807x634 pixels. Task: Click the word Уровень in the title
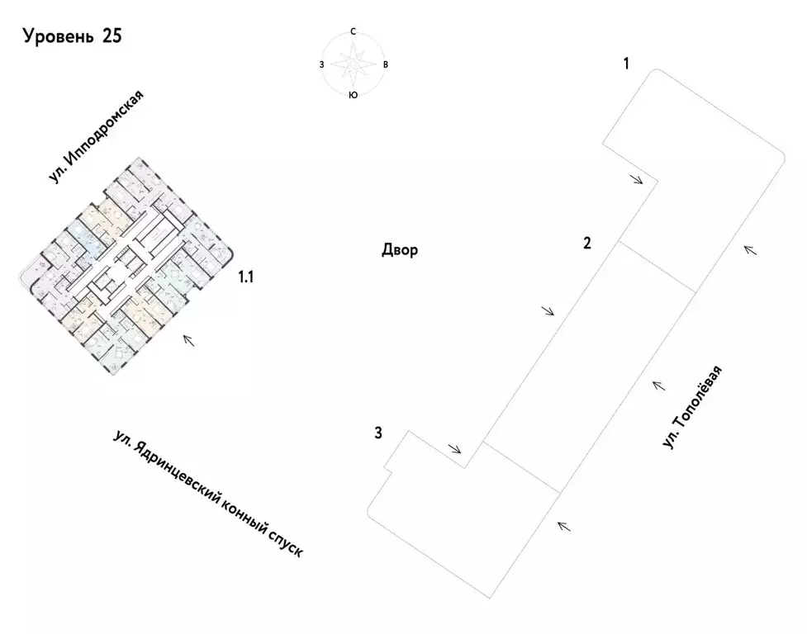click(59, 37)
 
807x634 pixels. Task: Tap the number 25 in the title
click(112, 36)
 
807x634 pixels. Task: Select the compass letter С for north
click(353, 32)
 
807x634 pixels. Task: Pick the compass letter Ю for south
click(353, 95)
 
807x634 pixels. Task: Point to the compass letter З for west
click(321, 64)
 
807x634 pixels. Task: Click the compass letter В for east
click(386, 64)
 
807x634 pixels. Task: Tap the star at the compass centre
click(353, 64)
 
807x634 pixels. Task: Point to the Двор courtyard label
click(400, 250)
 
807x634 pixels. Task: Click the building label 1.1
click(245, 277)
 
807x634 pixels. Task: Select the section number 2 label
click(587, 244)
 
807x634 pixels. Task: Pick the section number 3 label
click(378, 433)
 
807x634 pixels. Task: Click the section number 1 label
click(626, 64)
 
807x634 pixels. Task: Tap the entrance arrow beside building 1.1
click(189, 340)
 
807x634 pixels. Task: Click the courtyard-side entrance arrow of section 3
click(455, 449)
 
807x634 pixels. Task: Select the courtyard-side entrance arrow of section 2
click(548, 310)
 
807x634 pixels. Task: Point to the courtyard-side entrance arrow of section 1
click(637, 179)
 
